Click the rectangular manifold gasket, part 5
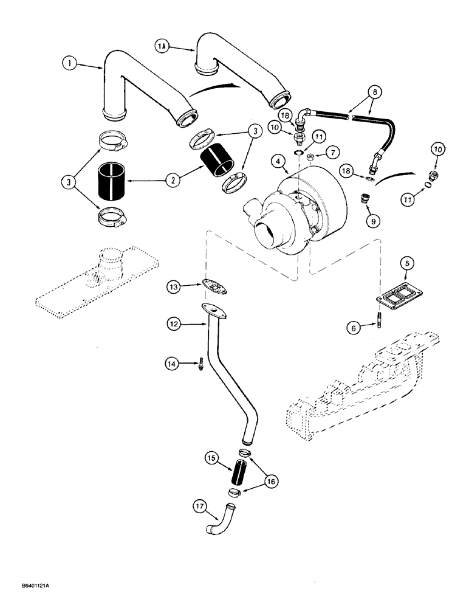click(389, 299)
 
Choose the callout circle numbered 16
click(270, 480)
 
